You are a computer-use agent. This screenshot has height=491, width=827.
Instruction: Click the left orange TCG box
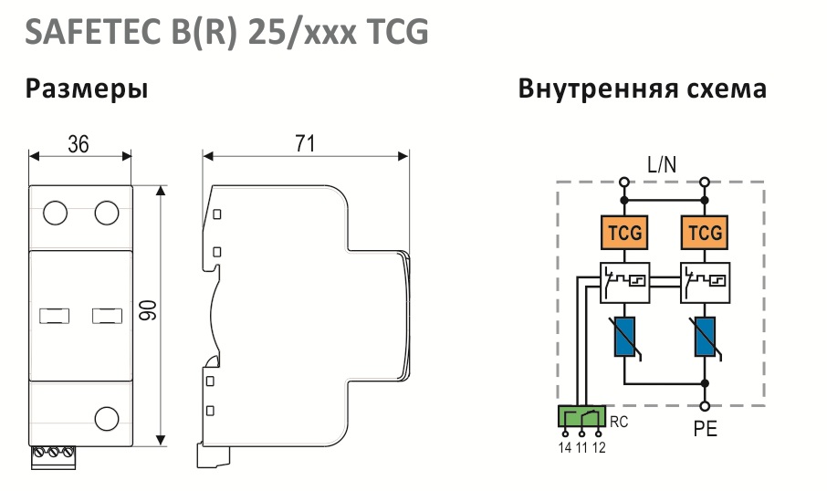[624, 232]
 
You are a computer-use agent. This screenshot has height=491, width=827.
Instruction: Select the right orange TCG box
[705, 232]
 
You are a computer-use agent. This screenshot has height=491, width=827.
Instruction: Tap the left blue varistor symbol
[624, 337]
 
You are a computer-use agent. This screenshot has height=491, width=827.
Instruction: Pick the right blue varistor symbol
[705, 337]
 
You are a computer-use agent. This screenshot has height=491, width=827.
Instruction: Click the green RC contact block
[581, 415]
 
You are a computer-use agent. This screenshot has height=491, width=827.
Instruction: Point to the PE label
[706, 429]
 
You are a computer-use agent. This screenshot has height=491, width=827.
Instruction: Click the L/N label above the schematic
[662, 165]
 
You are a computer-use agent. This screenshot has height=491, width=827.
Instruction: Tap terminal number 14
[565, 448]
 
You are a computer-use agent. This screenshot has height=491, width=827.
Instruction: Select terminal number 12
[599, 448]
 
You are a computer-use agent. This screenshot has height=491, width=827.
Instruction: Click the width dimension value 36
[79, 144]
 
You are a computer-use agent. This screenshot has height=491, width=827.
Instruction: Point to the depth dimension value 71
[305, 143]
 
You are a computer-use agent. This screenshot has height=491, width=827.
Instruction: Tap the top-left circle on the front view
[55, 213]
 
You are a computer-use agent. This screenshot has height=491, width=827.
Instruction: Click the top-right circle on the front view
[107, 213]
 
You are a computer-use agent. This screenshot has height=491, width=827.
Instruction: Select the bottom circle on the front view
[107, 419]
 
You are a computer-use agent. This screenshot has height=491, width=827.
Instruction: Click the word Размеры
[87, 89]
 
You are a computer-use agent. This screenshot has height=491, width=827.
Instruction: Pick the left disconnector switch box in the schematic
[624, 283]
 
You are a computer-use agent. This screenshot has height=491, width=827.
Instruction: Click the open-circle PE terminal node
[705, 406]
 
